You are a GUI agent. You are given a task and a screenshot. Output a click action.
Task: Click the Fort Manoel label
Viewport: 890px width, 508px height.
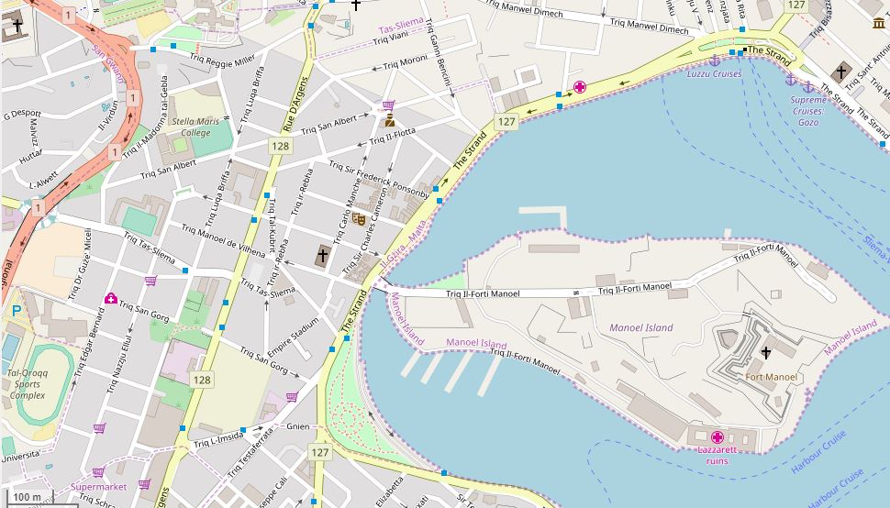pos(772,377)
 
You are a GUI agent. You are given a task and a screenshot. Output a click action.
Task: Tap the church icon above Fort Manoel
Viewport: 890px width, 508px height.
pos(766,353)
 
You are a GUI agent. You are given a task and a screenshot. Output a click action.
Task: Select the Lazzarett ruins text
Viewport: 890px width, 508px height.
pos(718,455)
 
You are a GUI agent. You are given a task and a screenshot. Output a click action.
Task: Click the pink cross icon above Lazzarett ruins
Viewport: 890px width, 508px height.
pos(718,437)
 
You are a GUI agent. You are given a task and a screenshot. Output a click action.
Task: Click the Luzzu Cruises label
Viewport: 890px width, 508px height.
pos(714,74)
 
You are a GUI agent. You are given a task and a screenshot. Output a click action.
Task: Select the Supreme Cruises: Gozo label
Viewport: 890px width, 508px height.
pos(807,111)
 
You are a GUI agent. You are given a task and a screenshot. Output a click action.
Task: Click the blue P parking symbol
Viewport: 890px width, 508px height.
pos(16,312)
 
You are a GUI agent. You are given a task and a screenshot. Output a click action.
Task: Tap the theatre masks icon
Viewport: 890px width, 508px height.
pos(359,219)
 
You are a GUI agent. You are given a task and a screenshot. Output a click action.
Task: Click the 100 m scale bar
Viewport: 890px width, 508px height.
pos(28,497)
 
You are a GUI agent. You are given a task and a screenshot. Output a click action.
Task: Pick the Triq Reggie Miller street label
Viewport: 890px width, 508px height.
pos(222,60)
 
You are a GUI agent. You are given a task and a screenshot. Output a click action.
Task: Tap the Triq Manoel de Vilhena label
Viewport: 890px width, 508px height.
pos(222,240)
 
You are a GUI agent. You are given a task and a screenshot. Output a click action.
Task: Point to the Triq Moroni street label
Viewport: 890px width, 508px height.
pos(405,62)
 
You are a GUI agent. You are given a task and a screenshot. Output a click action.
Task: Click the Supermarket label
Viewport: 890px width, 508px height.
pos(98,487)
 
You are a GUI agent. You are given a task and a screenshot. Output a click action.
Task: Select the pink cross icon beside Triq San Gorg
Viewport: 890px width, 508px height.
pos(111,298)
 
